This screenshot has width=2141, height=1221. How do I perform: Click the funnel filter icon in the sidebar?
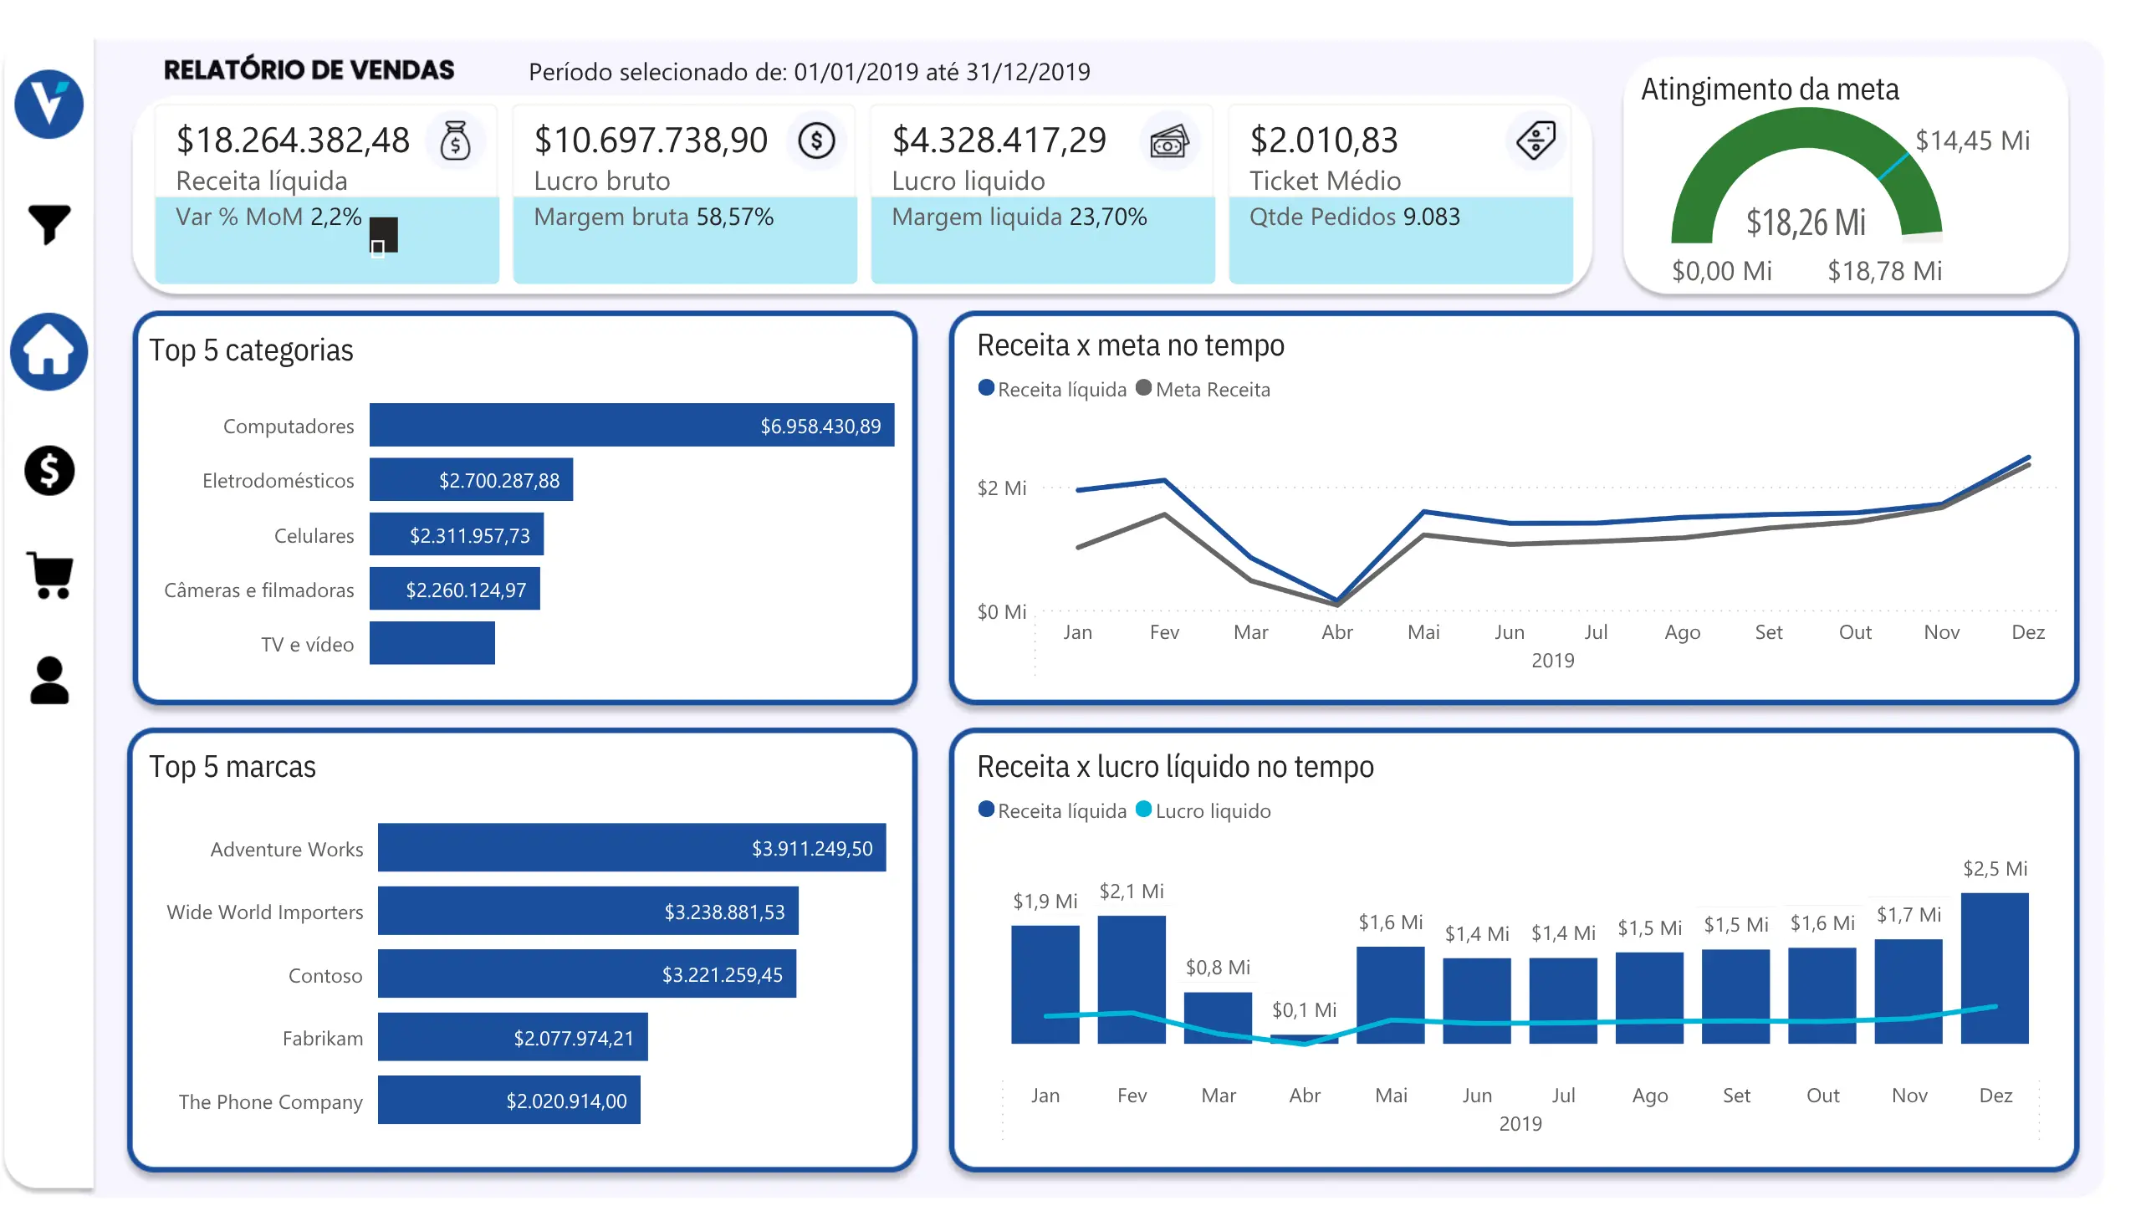[x=49, y=224]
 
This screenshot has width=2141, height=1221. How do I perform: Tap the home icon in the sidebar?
[x=49, y=352]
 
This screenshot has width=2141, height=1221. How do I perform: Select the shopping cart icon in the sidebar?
[x=50, y=575]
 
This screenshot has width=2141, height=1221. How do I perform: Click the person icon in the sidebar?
[x=49, y=680]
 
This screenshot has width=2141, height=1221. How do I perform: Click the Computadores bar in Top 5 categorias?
[x=631, y=425]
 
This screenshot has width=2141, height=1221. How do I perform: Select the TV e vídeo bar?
[x=432, y=643]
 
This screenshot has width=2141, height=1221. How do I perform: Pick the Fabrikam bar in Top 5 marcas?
[x=513, y=1037]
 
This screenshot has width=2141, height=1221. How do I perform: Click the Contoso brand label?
[x=325, y=975]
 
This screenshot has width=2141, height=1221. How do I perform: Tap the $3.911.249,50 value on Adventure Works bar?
[x=812, y=849]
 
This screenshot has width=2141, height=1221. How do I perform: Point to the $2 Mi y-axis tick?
[x=1001, y=488]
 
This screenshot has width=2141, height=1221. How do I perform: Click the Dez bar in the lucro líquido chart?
[x=1995, y=968]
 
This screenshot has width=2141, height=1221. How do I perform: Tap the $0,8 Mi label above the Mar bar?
[x=1218, y=968]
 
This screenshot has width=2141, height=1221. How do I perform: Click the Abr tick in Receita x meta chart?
[x=1336, y=632]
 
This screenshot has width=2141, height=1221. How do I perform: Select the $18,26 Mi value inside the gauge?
[x=1806, y=223]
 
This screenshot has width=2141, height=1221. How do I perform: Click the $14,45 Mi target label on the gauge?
[x=1972, y=140]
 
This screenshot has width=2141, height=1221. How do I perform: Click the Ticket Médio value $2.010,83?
[x=1323, y=140]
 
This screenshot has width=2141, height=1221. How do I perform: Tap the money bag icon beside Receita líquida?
[x=455, y=140]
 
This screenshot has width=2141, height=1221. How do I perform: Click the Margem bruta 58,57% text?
[x=653, y=217]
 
